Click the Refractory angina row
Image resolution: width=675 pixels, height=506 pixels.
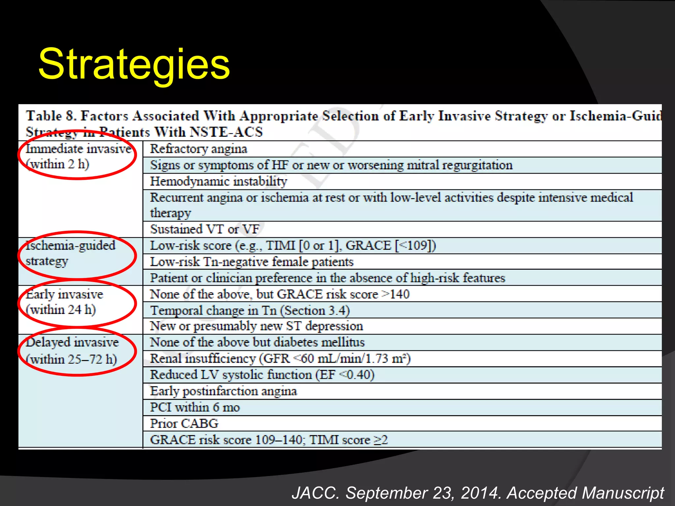point(198,149)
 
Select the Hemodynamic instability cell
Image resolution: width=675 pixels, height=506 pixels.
point(219,182)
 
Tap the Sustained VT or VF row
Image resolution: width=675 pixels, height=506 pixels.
point(205,229)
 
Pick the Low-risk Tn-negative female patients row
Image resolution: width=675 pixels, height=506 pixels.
point(252,262)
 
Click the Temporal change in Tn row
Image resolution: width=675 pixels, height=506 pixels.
point(250,310)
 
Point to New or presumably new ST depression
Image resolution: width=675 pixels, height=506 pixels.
point(256,326)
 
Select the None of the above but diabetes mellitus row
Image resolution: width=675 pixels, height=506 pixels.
point(257,342)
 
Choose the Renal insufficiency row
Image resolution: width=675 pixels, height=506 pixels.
point(280,358)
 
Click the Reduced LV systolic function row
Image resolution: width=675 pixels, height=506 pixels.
point(262,375)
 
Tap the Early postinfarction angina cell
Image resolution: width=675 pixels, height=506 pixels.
point(223,391)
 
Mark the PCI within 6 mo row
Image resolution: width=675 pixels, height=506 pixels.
point(195,408)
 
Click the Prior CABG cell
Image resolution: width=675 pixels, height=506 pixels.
point(184,424)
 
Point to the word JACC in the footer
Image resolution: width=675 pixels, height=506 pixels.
point(315,493)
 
